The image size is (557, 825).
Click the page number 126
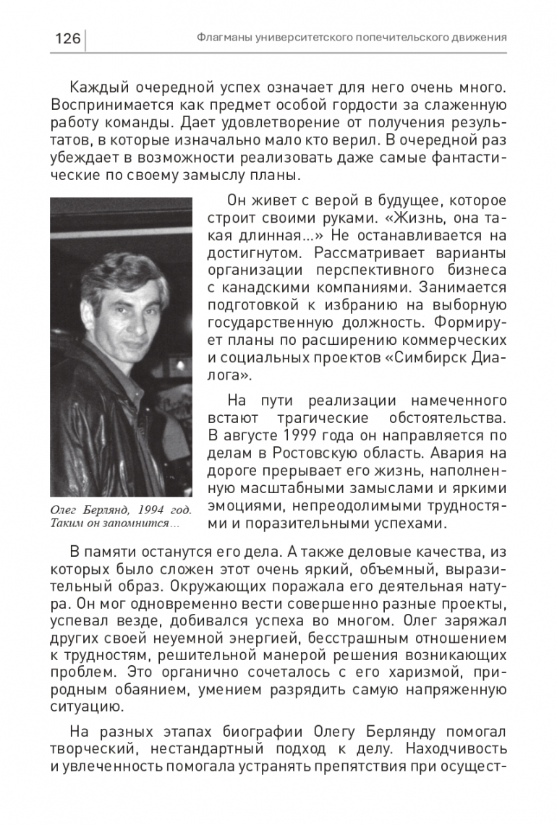[67, 38]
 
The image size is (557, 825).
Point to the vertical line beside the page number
[85, 40]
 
